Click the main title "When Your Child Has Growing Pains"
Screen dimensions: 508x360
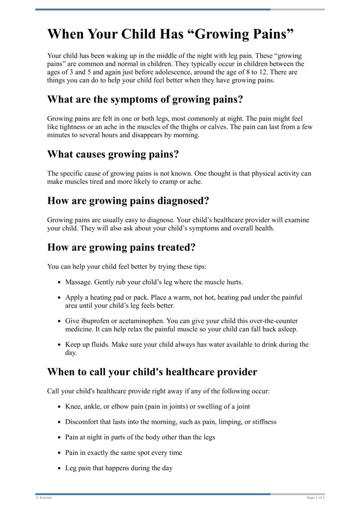[171, 35]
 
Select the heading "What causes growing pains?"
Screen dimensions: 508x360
[113, 155]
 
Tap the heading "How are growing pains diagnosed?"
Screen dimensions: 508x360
[128, 201]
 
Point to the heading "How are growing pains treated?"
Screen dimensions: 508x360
[121, 248]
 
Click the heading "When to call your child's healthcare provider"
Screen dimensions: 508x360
[152, 372]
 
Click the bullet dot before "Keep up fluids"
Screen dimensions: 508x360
[60, 345]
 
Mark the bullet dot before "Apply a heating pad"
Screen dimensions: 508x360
[60, 298]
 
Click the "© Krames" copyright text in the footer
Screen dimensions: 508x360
[44, 498]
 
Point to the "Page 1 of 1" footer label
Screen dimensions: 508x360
[315, 498]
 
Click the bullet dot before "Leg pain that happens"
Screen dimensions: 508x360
[60, 468]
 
